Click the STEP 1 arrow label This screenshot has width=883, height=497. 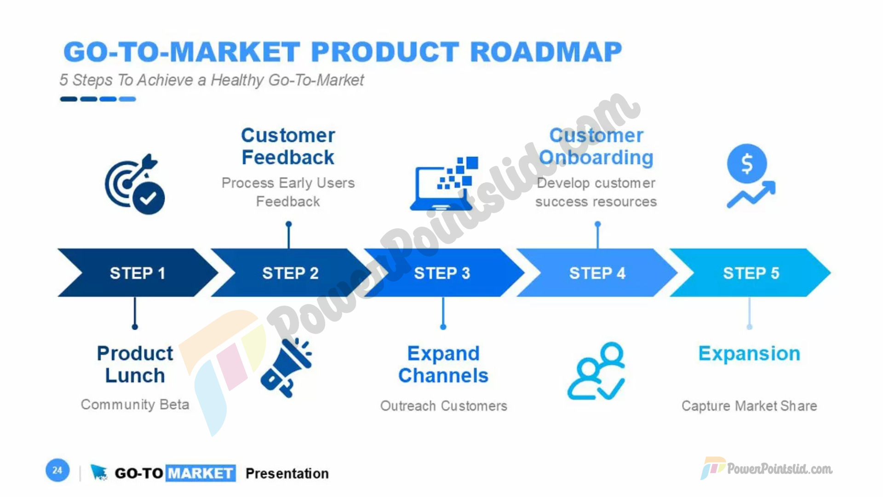tap(137, 273)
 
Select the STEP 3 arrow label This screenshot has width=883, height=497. tap(442, 273)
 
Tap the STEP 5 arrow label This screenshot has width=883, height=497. tap(751, 273)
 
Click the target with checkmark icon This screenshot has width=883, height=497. tap(135, 184)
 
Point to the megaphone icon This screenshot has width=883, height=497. tap(286, 368)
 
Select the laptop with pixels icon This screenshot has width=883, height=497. tap(444, 184)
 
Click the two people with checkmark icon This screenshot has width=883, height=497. tap(596, 371)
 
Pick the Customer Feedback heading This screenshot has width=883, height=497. tap(288, 146)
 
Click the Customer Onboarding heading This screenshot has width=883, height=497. tap(596, 146)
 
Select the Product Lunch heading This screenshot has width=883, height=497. tap(135, 364)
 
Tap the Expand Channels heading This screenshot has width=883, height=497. tap(443, 364)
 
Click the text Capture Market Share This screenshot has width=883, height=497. tap(749, 406)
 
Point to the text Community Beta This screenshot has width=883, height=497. tap(135, 405)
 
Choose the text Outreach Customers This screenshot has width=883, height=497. tap(443, 406)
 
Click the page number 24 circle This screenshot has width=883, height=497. tap(57, 470)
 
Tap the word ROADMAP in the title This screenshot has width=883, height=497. tap(546, 52)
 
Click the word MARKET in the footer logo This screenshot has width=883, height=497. tap(201, 473)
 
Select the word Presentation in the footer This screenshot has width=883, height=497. tap(287, 473)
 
